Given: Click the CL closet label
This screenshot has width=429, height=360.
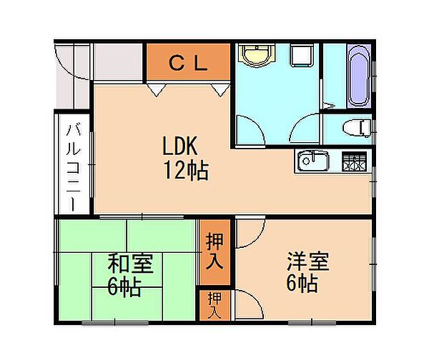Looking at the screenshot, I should (x=188, y=62).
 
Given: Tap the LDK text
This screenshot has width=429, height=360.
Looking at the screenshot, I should (x=184, y=148).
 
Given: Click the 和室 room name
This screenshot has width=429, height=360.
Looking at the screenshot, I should (x=129, y=264).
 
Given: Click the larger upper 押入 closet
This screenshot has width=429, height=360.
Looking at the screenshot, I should (x=214, y=251).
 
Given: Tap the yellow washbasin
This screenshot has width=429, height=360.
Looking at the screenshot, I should (x=254, y=56).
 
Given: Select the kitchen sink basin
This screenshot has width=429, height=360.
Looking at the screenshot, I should (x=312, y=161).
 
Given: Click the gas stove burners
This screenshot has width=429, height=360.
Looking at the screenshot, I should (x=353, y=161).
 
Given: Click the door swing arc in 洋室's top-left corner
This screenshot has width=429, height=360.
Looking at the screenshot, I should (x=250, y=234).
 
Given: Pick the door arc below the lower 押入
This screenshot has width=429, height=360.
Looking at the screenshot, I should (x=247, y=304).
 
